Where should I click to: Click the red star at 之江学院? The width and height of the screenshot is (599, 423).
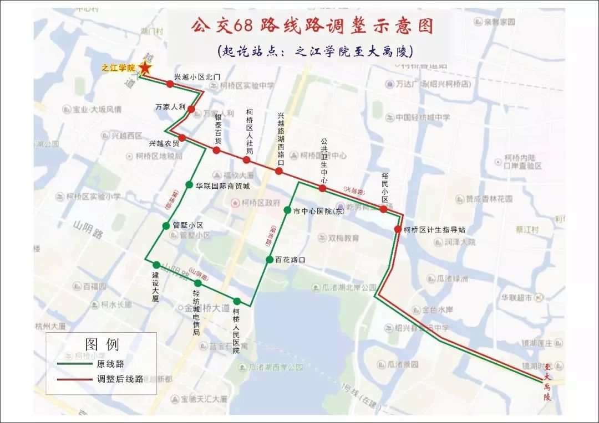pos(145,68)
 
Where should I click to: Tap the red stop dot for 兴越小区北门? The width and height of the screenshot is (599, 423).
pos(170,84)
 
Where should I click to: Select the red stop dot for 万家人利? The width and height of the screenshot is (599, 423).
pos(191,109)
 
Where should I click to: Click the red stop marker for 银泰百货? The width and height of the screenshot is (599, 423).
pos(216,150)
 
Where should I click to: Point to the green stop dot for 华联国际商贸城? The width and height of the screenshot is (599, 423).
pos(189,185)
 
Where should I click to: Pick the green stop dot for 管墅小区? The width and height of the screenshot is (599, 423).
pos(166,225)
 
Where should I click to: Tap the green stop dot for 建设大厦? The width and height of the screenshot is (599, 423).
pos(156,265)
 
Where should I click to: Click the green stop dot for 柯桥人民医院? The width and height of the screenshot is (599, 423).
pos(237,301)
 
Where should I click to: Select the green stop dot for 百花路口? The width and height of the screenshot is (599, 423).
pos(269,259)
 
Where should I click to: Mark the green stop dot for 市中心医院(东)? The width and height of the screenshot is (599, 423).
pos(287,210)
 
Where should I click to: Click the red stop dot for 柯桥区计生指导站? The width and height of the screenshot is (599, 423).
pos(398,229)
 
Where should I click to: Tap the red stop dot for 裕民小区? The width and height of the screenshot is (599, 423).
pos(383,209)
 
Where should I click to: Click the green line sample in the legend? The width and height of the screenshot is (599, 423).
pos(74,364)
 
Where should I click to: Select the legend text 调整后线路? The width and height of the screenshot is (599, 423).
pos(120,379)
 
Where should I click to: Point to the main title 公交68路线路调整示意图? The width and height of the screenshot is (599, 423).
pos(312,26)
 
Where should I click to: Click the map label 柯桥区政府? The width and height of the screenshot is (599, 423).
pos(260,203)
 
